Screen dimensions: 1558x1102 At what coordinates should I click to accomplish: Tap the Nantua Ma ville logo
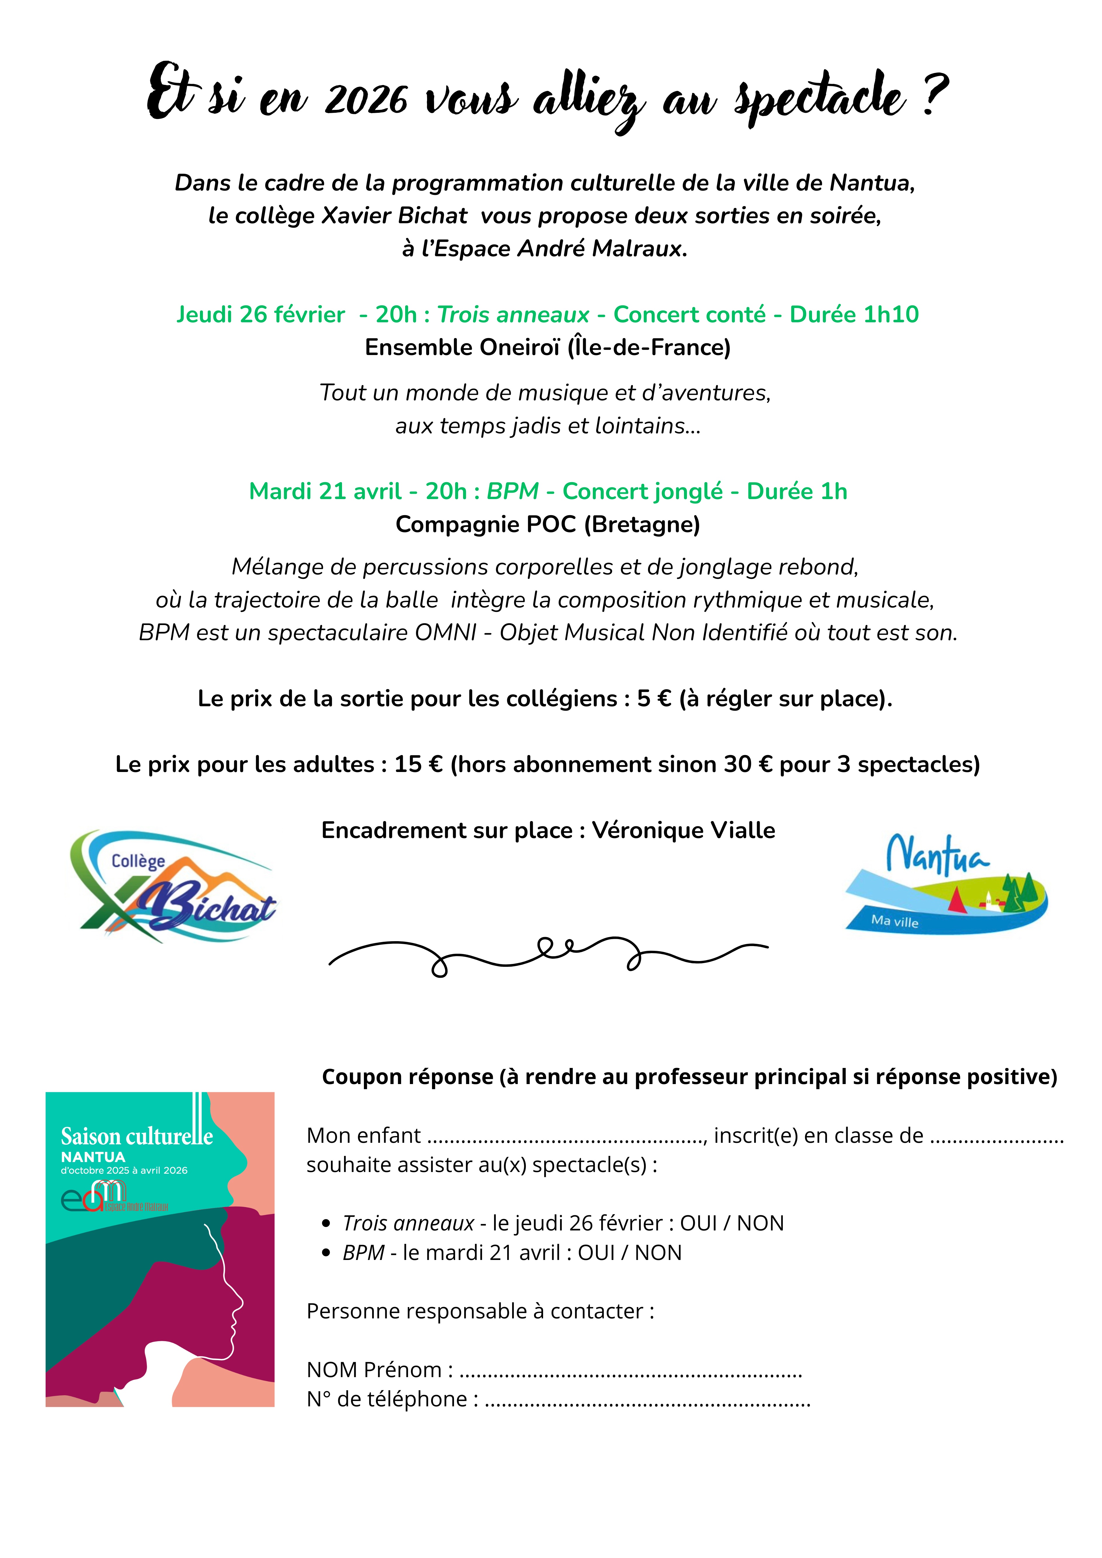(946, 884)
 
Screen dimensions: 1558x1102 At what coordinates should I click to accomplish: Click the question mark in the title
(936, 95)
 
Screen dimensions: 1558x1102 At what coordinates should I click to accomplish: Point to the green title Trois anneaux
(513, 315)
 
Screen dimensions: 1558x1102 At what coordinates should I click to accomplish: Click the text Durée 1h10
(854, 315)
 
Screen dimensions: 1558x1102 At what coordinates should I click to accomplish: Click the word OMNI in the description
(445, 632)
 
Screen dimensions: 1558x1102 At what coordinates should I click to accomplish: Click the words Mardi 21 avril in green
(325, 491)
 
